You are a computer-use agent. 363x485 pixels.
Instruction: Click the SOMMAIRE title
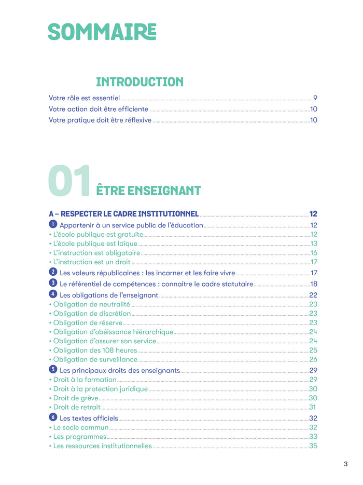102,32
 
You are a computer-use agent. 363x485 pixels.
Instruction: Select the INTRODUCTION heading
139,82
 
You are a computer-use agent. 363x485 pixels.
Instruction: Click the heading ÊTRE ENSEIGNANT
149,190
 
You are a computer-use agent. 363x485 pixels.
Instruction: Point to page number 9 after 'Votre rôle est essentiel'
315,98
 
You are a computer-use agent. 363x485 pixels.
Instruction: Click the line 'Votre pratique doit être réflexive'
100,120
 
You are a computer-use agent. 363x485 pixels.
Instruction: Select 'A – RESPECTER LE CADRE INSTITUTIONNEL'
123,213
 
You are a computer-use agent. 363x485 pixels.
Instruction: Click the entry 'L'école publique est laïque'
95,244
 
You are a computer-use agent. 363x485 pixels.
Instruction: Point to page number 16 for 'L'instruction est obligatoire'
314,253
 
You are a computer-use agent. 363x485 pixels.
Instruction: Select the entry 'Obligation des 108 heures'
95,351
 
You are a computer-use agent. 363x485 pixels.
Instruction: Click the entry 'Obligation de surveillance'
95,359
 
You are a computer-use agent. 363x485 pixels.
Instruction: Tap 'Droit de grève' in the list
76,398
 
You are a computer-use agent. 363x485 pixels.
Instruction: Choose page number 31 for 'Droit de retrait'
313,407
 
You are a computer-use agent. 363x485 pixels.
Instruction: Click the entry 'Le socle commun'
81,427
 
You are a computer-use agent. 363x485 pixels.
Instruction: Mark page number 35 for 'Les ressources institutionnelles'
313,446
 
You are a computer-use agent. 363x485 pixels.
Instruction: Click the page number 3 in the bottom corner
345,464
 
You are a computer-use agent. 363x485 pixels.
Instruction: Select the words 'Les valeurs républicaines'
101,273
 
